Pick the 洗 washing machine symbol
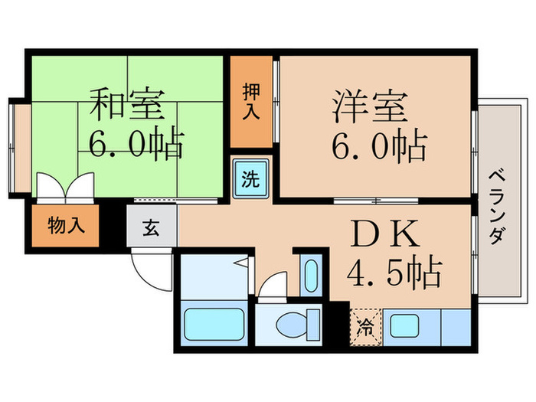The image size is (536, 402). click(250, 181)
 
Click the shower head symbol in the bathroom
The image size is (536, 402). click(242, 265)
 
